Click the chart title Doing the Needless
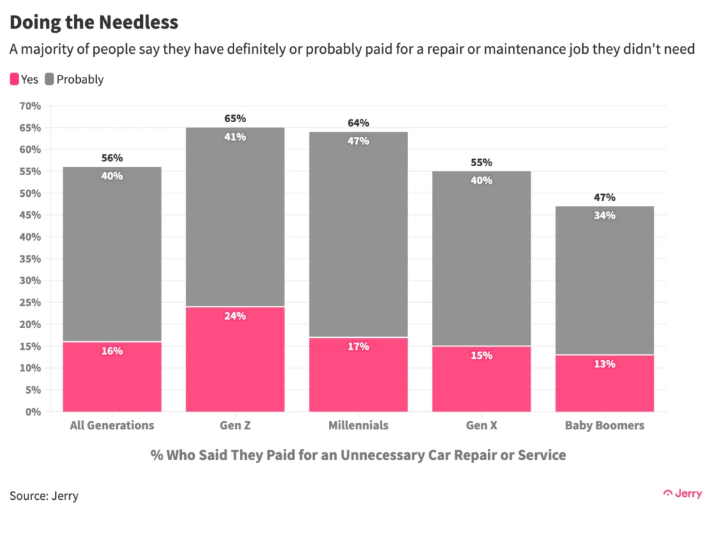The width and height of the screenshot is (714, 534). tap(93, 22)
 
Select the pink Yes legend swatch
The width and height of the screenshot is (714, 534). tap(15, 79)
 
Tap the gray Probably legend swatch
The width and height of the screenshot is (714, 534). tap(50, 79)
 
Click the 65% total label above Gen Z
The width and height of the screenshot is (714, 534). tap(235, 119)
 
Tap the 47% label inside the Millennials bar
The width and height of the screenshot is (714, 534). tap(358, 141)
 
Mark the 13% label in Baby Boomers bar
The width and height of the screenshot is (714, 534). tap(605, 364)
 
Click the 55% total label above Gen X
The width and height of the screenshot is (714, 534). tap(481, 162)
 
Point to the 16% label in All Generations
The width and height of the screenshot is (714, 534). tap(112, 350)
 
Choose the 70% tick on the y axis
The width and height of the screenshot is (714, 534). tap(30, 106)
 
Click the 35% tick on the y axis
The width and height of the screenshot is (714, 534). tap(30, 259)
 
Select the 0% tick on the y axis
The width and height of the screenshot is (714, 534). tap(33, 412)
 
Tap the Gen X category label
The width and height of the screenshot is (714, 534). tap(481, 425)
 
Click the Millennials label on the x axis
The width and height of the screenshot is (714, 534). tap(358, 425)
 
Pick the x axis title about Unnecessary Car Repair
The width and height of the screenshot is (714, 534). tap(358, 455)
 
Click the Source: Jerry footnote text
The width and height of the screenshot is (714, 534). tap(44, 496)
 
